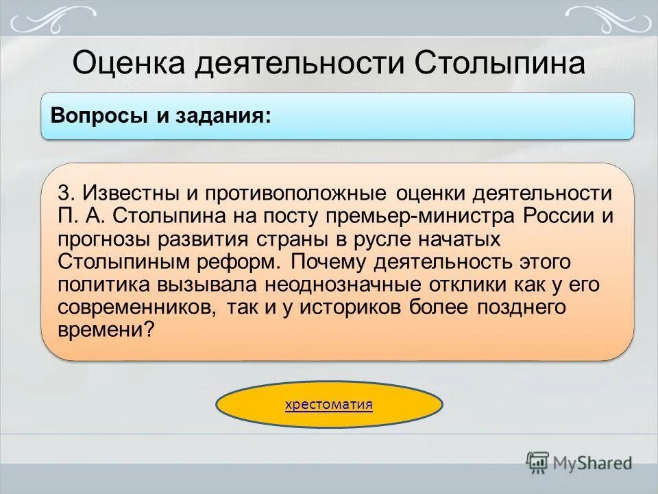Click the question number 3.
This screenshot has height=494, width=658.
pyautogui.click(x=65, y=193)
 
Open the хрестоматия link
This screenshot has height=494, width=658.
pyautogui.click(x=329, y=404)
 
